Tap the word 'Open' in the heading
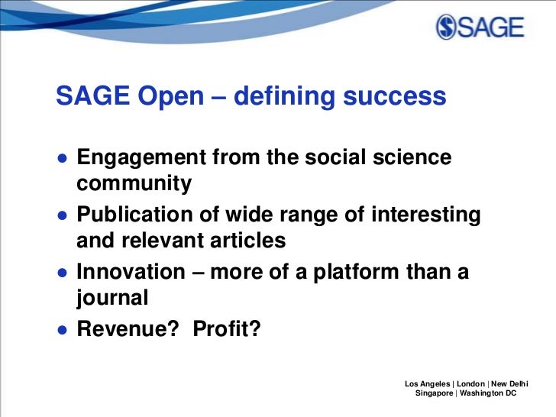coord(167,97)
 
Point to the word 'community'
coord(134,184)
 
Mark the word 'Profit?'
coord(227,328)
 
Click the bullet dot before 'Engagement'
coord(60,160)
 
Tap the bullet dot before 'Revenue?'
coord(60,330)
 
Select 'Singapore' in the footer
coord(433,393)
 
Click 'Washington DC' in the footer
coord(490,393)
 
